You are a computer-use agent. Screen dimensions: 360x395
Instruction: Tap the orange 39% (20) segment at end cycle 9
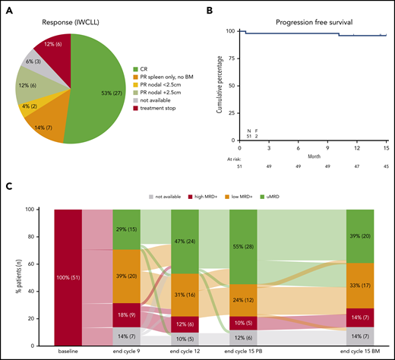128,276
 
